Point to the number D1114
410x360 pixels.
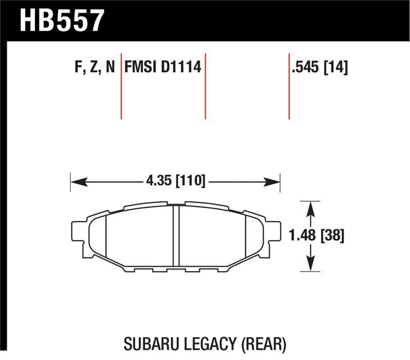coord(181,68)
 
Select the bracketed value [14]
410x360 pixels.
coord(337,68)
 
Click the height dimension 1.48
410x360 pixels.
coord(302,236)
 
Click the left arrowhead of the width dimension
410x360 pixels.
coord(75,181)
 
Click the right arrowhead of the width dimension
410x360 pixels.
coord(275,181)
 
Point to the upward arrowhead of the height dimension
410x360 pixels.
coord(310,206)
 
